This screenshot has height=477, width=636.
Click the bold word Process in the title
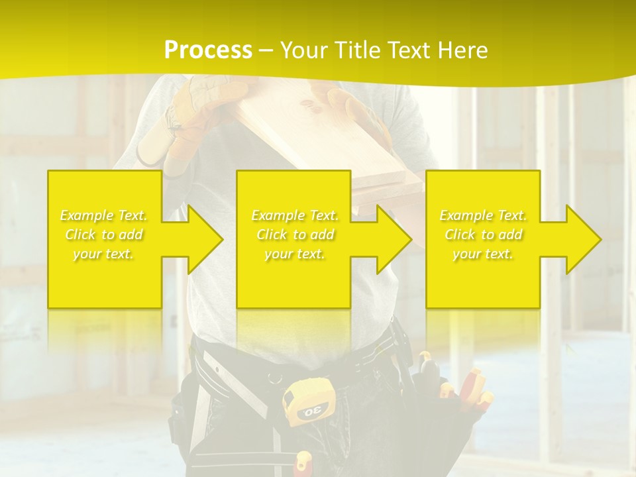coord(208,50)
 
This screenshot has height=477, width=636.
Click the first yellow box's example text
coord(104,235)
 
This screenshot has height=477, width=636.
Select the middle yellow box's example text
coord(295,235)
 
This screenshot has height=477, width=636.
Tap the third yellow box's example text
coord(483,235)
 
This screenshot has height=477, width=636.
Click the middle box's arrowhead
coord(395,239)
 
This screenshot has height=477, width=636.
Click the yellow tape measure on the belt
coord(309,403)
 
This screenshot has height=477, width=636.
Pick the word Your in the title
coord(304,50)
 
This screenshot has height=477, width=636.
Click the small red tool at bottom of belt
coord(303,462)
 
